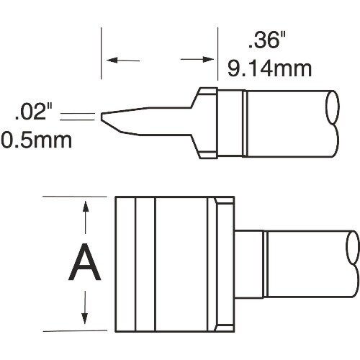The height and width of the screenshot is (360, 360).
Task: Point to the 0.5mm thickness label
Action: tap(37, 138)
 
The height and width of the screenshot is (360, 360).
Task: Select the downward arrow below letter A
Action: tap(86, 316)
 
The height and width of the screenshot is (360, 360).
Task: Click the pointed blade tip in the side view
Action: tap(105, 117)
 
